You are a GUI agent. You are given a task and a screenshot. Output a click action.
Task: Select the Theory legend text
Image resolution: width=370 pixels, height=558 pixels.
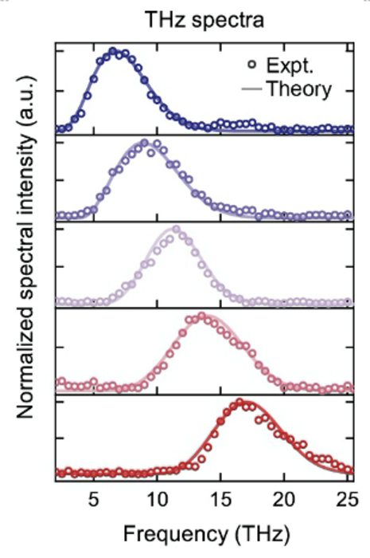(299, 88)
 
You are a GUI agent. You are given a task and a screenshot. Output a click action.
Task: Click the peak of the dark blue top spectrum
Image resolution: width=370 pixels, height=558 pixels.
(113, 52)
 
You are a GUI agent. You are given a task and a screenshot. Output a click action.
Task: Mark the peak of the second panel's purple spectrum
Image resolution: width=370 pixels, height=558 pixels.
(144, 143)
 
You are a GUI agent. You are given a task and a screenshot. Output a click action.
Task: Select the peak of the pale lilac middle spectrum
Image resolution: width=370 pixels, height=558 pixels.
(176, 230)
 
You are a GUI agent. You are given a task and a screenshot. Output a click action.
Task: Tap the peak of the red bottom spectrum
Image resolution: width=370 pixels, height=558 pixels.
(239, 403)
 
